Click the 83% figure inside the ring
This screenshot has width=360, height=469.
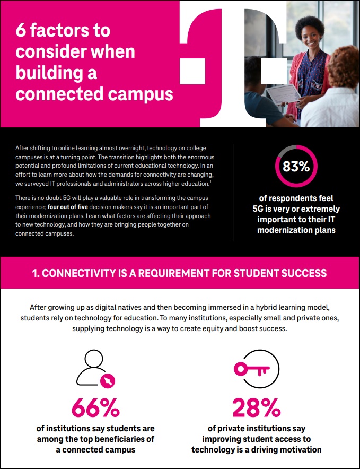[x=296, y=167]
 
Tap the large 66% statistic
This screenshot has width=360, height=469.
[x=95, y=407]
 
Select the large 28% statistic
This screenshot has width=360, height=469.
[x=257, y=407]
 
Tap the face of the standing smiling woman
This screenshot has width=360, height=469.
[x=308, y=36]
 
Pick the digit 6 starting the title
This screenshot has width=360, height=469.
[x=21, y=31]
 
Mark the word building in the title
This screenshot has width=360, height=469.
[x=57, y=73]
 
